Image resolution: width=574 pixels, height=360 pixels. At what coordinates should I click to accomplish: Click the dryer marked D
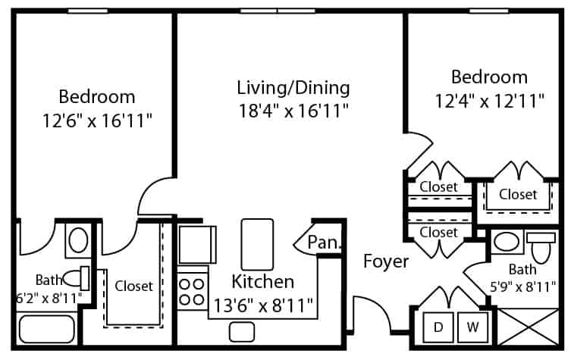coord(438,327)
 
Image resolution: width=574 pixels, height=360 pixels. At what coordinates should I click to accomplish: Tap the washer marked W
coord(472,327)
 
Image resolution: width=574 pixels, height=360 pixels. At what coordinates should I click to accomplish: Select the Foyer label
coord(386,261)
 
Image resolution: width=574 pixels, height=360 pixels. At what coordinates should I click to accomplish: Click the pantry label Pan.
coord(324,242)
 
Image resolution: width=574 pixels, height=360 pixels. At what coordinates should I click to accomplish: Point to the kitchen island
coord(257,244)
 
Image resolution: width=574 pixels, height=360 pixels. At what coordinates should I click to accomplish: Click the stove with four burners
coord(192,291)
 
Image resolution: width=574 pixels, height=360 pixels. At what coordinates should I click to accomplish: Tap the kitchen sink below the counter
coord(242,332)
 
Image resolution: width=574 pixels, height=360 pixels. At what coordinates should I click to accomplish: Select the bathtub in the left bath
coord(46,329)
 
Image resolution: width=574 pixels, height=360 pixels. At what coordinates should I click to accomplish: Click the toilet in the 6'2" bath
coord(77,278)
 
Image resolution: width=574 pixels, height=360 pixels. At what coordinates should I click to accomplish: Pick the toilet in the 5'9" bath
coord(541,246)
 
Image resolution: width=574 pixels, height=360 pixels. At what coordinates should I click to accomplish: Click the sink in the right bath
coord(507,242)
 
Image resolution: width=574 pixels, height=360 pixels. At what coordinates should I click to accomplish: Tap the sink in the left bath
coord(78,240)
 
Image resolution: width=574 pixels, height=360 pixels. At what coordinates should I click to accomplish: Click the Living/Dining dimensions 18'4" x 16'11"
coord(293,111)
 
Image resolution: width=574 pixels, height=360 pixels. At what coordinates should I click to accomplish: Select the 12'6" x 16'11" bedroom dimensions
coord(97,121)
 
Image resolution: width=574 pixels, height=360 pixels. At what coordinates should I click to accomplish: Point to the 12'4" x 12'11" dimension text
coord(490,101)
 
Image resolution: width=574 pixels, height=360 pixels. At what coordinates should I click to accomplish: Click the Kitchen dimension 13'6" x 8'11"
coord(263,305)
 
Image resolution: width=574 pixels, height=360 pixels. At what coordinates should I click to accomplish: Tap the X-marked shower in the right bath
coord(528,327)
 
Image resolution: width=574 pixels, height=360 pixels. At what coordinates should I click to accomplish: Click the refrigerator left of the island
coord(197,244)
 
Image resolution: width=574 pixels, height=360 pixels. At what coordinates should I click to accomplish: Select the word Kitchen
coord(263,282)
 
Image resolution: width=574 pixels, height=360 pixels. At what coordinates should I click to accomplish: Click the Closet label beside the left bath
coord(133,286)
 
